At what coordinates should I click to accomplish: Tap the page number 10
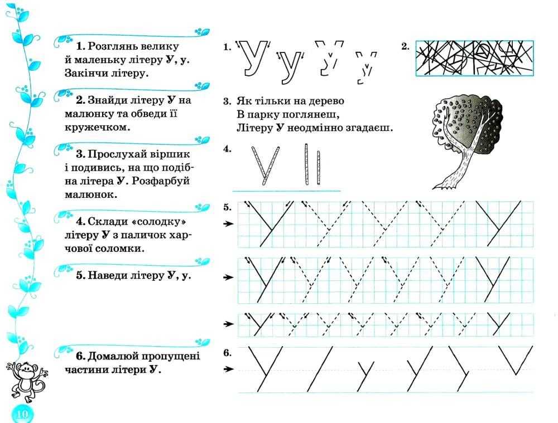(22, 414)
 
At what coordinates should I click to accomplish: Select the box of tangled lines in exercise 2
(474, 57)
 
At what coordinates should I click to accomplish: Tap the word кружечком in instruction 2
(96, 127)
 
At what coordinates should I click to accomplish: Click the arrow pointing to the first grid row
(228, 224)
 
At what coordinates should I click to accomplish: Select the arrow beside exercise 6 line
(228, 369)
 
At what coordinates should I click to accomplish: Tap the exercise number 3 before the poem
(227, 101)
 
